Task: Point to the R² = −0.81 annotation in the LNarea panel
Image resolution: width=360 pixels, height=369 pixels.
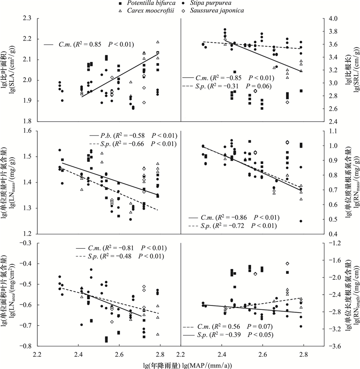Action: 119,247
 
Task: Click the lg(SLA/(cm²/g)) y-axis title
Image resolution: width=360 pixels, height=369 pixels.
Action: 10,70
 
